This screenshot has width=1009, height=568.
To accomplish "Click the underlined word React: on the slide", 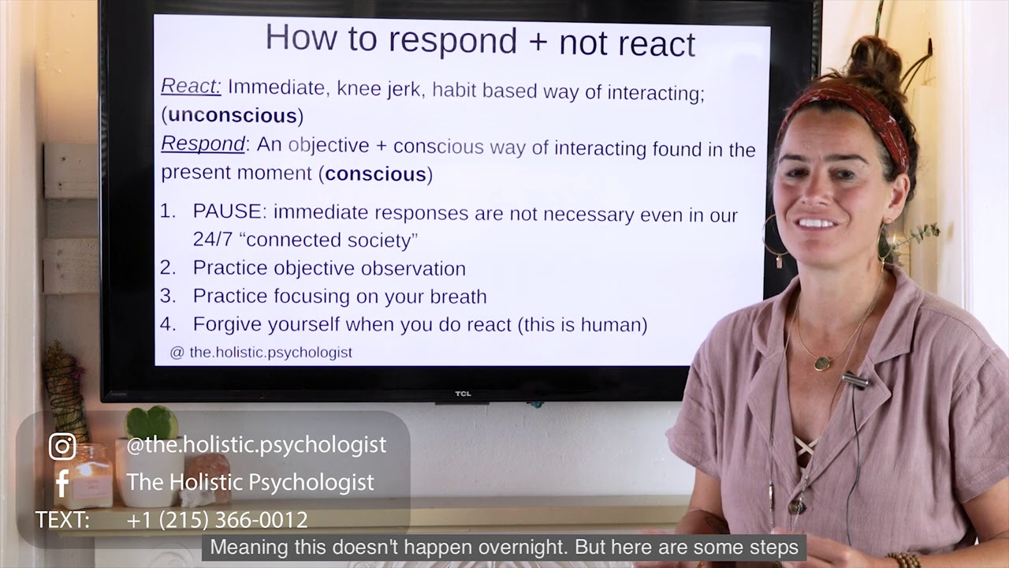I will coord(191,86).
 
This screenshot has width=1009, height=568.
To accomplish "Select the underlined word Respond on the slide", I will coord(203,144).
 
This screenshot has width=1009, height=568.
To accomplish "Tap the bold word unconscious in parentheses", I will coord(233,115).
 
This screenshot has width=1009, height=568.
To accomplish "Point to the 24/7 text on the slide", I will coord(212,240).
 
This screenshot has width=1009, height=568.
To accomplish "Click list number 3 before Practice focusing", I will coord(167,296).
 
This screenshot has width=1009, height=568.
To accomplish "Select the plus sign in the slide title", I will coord(538,41).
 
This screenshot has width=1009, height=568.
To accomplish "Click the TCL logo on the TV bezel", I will coord(463,394).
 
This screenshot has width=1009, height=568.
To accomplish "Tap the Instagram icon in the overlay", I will coord(62,447).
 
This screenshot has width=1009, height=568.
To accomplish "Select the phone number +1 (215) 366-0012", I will coord(217,520).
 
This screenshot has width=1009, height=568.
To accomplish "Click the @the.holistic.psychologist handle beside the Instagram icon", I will coord(256,445).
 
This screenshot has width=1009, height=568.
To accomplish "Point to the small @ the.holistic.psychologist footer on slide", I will coord(261,353).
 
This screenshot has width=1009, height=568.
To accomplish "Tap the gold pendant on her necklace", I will coord(822,364).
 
